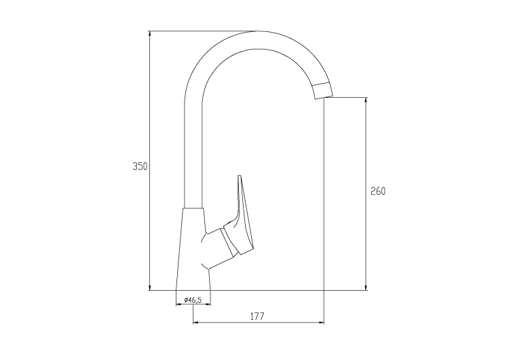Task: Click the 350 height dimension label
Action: pyautogui.click(x=140, y=166)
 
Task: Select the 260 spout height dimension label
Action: pyautogui.click(x=378, y=192)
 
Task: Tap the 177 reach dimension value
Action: pyautogui.click(x=257, y=316)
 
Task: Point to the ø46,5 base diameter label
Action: pyautogui.click(x=193, y=300)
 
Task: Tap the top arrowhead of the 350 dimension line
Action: pyautogui.click(x=150, y=33)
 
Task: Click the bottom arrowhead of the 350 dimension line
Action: pyautogui.click(x=150, y=287)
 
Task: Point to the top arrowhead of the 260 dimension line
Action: pyautogui.click(x=366, y=100)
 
